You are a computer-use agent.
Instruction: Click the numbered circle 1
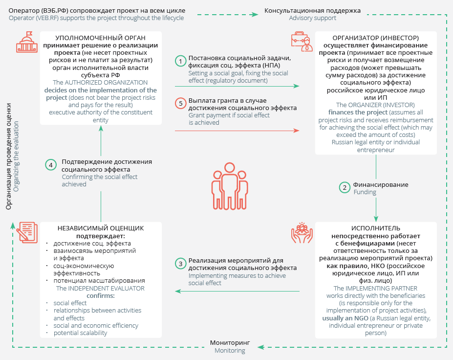181,61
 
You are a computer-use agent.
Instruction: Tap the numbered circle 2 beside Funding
345,187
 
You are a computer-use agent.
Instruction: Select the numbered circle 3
181,264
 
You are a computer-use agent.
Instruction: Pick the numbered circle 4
51,165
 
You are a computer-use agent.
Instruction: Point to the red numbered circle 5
181,104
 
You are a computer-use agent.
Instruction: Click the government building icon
25,42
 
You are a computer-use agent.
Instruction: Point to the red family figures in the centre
226,183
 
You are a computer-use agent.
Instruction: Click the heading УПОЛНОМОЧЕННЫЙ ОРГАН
100,38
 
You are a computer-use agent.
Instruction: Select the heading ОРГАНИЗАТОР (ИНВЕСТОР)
375,38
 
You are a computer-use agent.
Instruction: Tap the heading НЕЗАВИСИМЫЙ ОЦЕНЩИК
101,228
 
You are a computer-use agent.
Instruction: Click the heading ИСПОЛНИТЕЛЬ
375,228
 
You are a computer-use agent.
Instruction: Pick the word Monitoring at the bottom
230,351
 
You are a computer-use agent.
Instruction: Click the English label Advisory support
312,18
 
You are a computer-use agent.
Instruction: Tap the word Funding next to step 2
365,192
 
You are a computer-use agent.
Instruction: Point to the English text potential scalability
80,333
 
